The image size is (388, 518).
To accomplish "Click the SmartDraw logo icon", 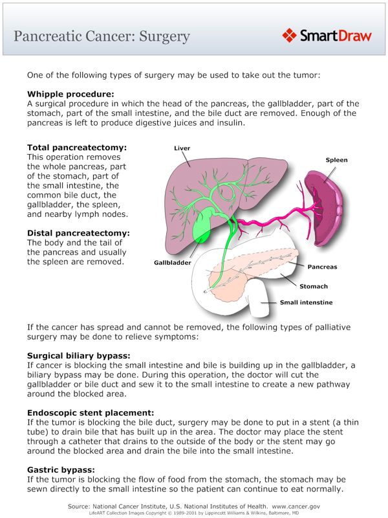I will (x=290, y=35).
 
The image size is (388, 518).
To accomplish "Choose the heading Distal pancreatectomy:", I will (x=74, y=232).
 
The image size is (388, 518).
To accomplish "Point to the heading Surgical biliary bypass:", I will (x=78, y=355).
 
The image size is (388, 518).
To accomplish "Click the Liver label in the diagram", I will (x=182, y=148).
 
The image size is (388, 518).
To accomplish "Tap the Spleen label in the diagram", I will (x=336, y=159).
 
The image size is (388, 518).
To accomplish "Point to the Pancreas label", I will (x=322, y=267).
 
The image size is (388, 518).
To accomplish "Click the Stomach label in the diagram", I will (x=313, y=286).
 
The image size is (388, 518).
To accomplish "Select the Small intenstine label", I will (x=306, y=302).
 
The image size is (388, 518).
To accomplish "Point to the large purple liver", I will (x=194, y=188).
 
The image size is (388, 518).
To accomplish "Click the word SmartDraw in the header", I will (x=336, y=36).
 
